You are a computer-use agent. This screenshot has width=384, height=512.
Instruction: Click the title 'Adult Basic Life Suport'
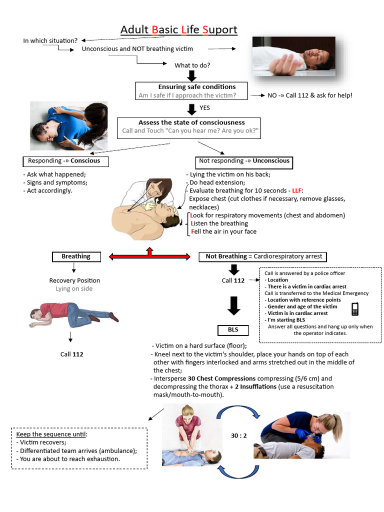coord(178,30)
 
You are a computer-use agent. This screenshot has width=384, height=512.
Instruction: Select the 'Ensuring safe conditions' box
coord(192,91)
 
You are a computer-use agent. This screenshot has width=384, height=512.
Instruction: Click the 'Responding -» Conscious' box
coord(65,161)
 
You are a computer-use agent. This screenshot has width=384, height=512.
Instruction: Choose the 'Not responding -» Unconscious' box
coord(244,161)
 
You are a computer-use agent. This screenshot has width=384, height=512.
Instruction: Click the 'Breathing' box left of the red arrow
coord(76,256)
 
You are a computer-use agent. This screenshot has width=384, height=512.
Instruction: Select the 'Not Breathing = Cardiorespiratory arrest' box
coord(263,256)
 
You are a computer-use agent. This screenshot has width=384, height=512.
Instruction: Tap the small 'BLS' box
coord(233,330)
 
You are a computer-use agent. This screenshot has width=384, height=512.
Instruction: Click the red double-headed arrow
coord(149,256)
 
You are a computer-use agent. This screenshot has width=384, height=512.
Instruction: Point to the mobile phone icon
coord(355,309)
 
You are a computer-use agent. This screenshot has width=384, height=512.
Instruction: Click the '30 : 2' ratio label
coord(238,435)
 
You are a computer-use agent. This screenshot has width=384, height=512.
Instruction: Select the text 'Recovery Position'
coord(74,280)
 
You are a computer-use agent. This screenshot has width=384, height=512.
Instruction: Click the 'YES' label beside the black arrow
coord(204,107)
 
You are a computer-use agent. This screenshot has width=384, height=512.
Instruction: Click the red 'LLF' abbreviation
coord(297,190)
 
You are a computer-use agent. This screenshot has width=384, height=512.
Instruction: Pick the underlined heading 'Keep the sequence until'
coord(51,434)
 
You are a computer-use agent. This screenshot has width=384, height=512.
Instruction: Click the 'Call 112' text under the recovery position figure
coord(72,354)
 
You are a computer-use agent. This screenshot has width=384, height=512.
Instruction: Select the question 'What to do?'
coord(192,65)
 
